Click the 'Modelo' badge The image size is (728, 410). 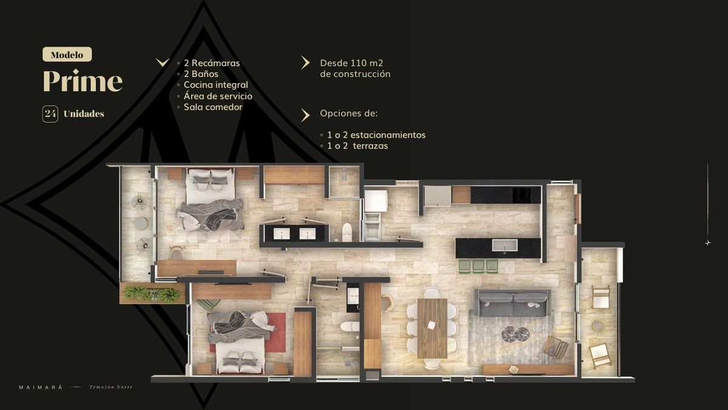pos(67,54)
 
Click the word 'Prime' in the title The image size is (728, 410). pos(83,81)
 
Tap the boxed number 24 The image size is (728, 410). pos(50,114)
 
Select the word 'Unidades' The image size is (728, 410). pos(84,113)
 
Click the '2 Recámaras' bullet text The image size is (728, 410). pos(212,63)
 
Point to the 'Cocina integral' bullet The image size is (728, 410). pos(216,85)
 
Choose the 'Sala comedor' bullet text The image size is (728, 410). pos(213,107)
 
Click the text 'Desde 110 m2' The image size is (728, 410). pos(351,63)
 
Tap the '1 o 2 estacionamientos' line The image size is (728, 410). pos(376,135)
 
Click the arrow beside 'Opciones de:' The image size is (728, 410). pos(305,115)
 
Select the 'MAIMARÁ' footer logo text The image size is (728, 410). pos(41,388)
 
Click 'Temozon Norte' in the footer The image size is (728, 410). pos(111,387)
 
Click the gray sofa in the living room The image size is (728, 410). pos(513,303)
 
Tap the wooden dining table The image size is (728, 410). pos(432,328)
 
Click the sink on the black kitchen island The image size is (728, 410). pos(504,245)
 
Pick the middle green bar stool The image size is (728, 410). pos(479,266)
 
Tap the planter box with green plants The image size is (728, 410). pos(152,294)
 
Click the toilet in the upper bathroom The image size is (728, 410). pos(347,232)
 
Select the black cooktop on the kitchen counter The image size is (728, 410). pos(521,195)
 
